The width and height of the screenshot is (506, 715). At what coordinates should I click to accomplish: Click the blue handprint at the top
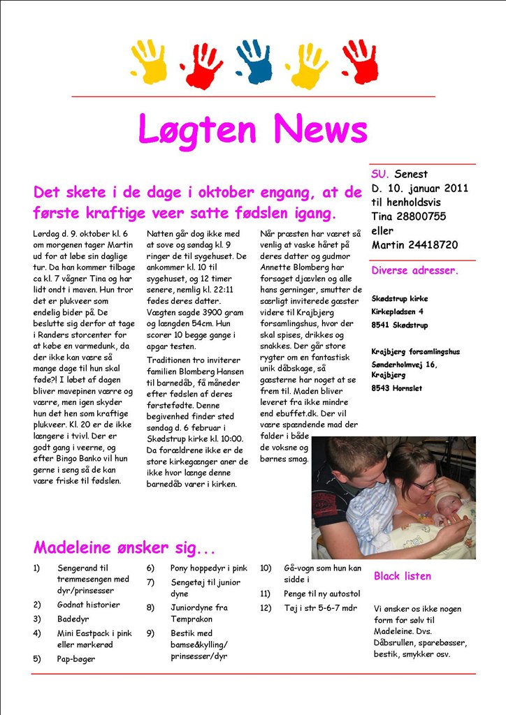point(253,61)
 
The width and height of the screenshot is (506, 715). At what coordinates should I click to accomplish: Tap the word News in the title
point(320,129)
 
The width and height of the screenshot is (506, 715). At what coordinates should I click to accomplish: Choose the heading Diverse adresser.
point(414,270)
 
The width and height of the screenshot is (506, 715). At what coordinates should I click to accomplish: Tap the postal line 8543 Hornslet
point(396,388)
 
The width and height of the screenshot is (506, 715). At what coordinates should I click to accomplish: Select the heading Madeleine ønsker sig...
point(124,547)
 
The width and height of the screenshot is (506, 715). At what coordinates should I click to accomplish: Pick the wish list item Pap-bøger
point(76,658)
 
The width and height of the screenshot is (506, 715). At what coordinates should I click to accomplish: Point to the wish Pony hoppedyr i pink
point(209,568)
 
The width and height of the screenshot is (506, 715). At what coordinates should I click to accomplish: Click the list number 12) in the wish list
point(266,607)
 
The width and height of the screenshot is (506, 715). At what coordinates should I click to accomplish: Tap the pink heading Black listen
point(402,576)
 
